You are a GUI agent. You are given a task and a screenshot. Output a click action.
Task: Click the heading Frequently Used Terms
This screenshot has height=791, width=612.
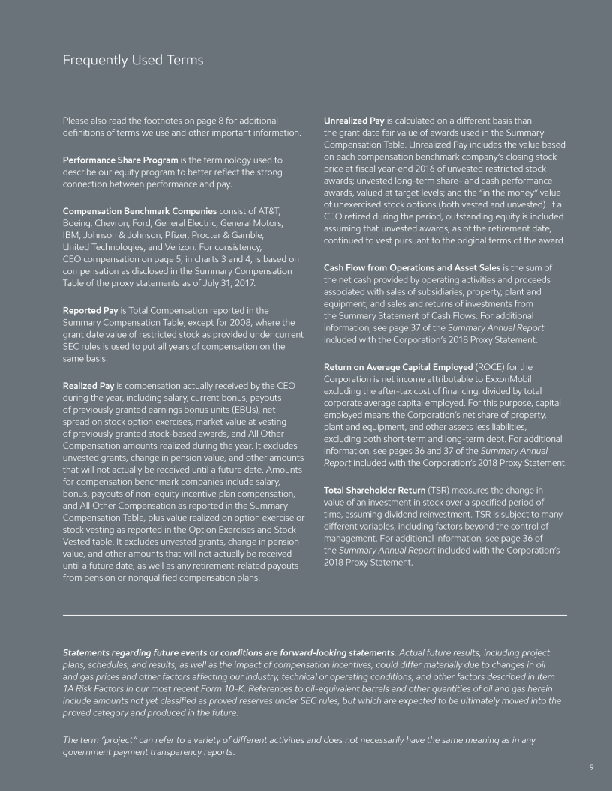tap(133, 60)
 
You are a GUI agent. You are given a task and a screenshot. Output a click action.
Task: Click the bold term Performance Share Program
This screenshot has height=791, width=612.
tap(120, 160)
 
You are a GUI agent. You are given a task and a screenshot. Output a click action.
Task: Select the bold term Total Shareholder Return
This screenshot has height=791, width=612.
tap(374, 490)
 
